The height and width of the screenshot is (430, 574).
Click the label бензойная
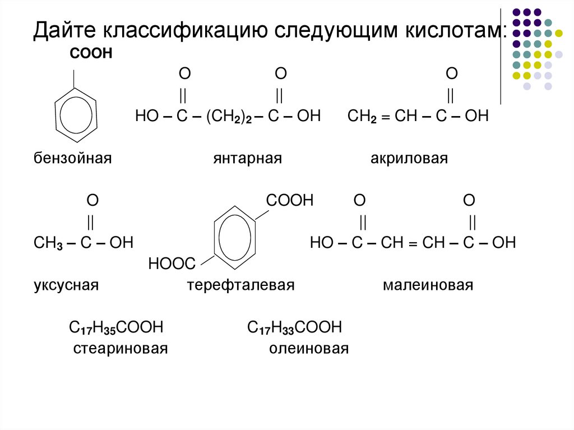(x=72, y=159)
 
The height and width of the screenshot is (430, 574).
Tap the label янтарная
(x=246, y=159)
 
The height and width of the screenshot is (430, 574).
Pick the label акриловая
(x=409, y=159)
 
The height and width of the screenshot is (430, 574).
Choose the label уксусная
(x=66, y=285)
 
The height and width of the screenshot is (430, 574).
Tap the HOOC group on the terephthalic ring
(x=171, y=263)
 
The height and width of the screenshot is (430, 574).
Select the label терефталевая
(x=240, y=285)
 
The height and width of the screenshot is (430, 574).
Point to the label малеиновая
(x=428, y=285)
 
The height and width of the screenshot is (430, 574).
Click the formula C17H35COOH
(x=115, y=327)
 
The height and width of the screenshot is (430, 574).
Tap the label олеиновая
(x=308, y=349)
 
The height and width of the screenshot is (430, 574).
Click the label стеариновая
(x=121, y=349)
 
